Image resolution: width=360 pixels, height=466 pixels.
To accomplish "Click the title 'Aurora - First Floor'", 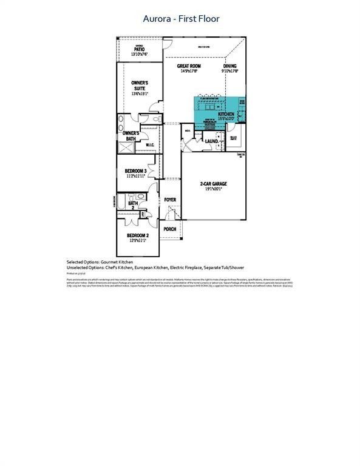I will pos(181,19).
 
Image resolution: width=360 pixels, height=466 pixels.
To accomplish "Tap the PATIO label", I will pos(139,50).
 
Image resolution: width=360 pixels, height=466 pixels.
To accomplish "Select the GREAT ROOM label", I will pos(189,66).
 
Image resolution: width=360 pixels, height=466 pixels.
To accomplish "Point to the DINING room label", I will pos(229,66).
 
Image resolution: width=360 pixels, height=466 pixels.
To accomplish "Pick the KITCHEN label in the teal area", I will pos(226,113).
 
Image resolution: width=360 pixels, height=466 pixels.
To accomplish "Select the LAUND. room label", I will pos(212,141).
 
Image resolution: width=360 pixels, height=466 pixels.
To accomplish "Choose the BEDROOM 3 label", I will pos(135,171).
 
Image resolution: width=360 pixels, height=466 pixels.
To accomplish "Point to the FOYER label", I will pos(170,199).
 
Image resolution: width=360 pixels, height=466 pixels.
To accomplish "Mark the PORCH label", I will pos(170,229).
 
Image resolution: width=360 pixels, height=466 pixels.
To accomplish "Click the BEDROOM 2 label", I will pos(137,235).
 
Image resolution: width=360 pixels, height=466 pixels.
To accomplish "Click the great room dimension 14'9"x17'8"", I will pos(189,71).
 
